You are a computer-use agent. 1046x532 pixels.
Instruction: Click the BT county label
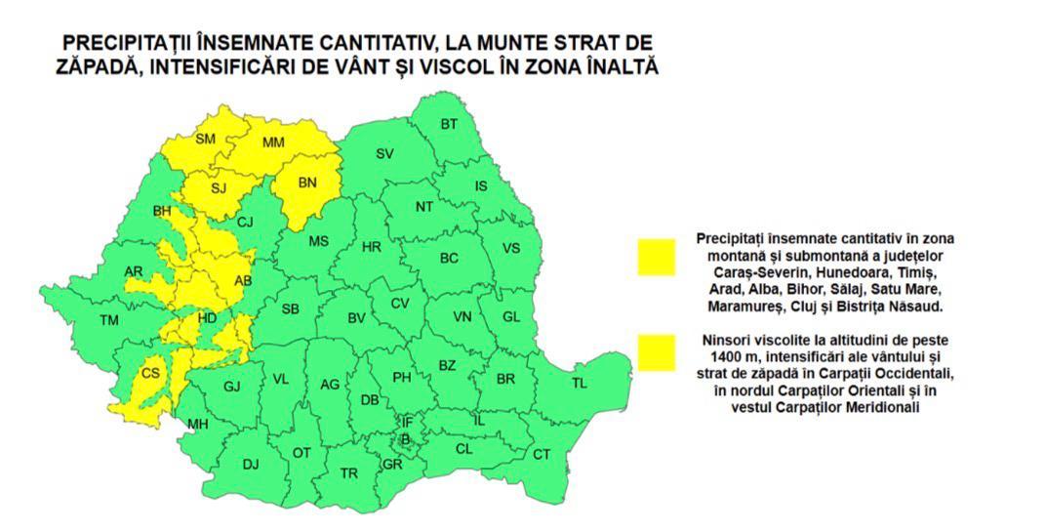click(x=449, y=124)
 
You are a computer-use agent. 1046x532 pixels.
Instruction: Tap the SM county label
click(x=205, y=140)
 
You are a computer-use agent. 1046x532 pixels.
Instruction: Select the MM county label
click(x=274, y=143)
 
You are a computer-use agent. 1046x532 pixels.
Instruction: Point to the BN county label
click(x=307, y=183)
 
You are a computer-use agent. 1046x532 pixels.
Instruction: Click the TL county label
click(x=580, y=384)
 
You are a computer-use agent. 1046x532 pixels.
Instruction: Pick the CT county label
click(x=542, y=454)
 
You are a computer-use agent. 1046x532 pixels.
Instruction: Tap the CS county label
click(x=151, y=373)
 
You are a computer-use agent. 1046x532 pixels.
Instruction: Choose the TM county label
click(x=108, y=320)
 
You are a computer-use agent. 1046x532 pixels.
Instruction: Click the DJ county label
click(x=251, y=465)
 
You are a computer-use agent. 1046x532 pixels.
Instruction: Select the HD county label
click(x=207, y=318)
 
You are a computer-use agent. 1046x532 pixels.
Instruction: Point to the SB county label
click(x=290, y=309)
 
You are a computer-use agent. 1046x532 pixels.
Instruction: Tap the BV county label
click(x=356, y=318)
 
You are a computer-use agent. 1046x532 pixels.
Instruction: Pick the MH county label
click(x=198, y=424)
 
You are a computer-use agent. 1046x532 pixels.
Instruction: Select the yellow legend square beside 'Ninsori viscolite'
click(x=657, y=352)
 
